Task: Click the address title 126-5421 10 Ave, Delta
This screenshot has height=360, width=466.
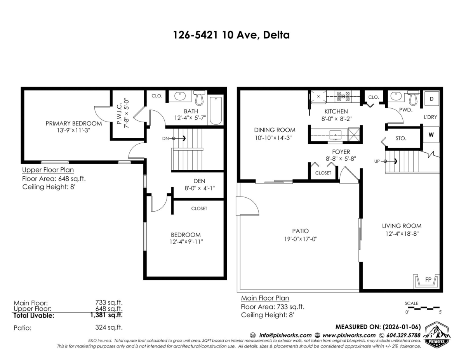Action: (x=231, y=35)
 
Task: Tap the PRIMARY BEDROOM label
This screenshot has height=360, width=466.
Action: (x=74, y=123)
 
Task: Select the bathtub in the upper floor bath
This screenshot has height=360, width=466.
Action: (x=216, y=111)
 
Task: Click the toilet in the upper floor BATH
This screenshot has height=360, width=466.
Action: (x=199, y=98)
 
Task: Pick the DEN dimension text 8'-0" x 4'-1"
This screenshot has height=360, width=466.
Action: (x=200, y=188)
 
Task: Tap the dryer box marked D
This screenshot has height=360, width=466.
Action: (x=431, y=99)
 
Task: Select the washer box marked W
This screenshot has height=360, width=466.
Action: (x=431, y=135)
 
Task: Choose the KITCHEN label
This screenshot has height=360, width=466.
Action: (x=336, y=111)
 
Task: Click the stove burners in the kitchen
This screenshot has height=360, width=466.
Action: (x=343, y=96)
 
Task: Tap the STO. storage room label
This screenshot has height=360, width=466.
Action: (x=401, y=139)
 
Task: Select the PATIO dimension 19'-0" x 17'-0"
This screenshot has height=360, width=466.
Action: (x=301, y=239)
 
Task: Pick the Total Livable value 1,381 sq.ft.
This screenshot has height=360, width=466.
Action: (x=106, y=315)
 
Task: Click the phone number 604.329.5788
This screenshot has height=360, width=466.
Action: (x=403, y=336)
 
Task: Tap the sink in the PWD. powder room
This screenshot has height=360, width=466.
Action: (x=396, y=96)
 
